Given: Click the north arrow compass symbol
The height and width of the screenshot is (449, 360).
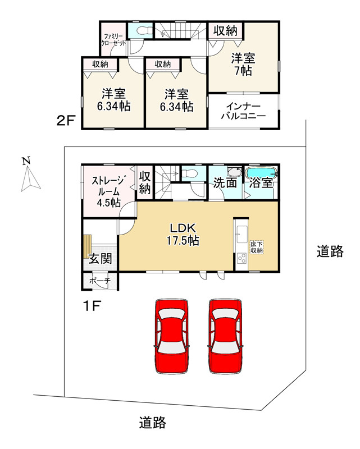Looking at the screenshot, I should tap(29, 175).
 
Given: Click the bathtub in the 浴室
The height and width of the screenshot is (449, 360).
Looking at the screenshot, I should tap(261, 173).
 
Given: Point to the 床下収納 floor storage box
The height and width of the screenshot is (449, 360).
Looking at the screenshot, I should tap(257, 248).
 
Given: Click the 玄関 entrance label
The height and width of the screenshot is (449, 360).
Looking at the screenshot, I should tap(100, 259).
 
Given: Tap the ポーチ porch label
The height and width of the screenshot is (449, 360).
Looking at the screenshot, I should tap(100, 280).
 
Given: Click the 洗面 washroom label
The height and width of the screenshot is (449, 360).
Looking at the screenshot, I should tap(224, 184).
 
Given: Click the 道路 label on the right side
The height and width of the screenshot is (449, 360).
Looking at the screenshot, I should tap(329, 252).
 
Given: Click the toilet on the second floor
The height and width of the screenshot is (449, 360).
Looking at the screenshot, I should tap(140, 31).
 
